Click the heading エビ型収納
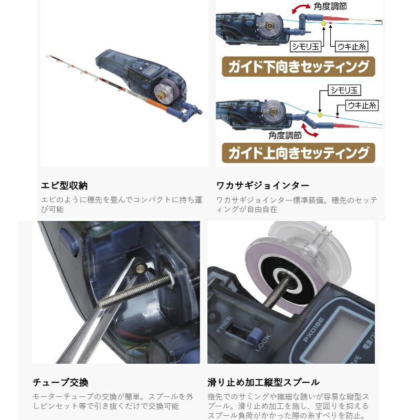[x=64, y=185]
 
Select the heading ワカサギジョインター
[x=262, y=185]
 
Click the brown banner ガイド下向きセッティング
[x=298, y=67]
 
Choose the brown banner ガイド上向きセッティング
[x=298, y=153]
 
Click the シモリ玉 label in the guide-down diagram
[x=304, y=46]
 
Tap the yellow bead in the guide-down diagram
[x=324, y=24]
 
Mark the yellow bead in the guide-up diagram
[x=319, y=113]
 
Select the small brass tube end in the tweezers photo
[x=141, y=268]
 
